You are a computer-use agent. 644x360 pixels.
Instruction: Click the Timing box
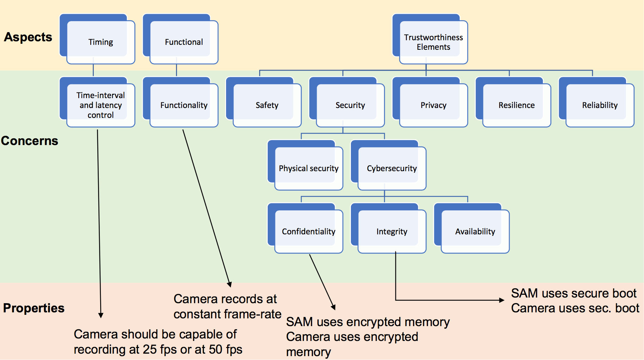point(97,39)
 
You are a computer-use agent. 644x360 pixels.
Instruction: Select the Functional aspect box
point(181,39)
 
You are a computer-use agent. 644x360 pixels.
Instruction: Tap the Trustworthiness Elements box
point(430,39)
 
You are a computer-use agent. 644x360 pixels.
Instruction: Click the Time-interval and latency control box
point(97,102)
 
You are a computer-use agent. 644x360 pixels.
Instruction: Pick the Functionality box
point(181,102)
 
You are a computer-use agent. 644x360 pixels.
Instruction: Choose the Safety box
point(264,102)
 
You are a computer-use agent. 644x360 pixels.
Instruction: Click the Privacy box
point(430,102)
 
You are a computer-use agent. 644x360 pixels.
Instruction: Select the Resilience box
point(514,102)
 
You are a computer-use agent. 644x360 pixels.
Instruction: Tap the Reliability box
point(597,102)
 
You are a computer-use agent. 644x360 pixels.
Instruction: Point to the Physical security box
point(305,165)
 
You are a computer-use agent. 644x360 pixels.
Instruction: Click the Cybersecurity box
point(389,165)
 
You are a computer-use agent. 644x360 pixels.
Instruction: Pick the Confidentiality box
point(305,228)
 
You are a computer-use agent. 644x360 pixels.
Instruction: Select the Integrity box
point(389,228)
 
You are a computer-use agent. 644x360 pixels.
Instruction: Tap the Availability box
point(472,228)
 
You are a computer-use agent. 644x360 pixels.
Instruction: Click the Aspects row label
point(28,37)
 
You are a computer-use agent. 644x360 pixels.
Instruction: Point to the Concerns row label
point(30,141)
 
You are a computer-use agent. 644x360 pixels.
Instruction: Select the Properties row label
point(34,308)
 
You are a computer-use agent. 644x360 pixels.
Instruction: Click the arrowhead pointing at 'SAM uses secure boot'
point(502,300)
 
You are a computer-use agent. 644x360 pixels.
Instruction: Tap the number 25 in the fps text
point(150,349)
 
